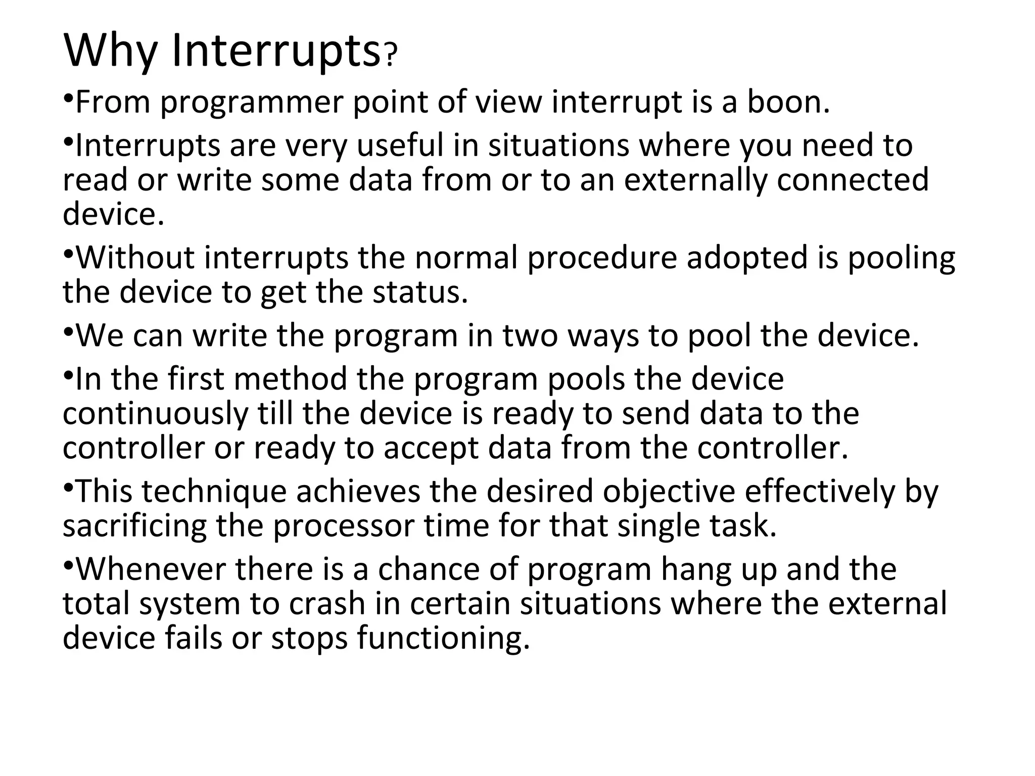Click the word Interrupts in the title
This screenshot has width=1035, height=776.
(276, 51)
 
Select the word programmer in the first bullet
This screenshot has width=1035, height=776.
(252, 103)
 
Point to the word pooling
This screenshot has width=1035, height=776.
(901, 259)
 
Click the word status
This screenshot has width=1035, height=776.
(420, 293)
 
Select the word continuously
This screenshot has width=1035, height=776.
(156, 414)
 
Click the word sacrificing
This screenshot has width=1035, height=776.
(134, 526)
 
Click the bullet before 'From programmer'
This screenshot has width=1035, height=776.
(69, 96)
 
